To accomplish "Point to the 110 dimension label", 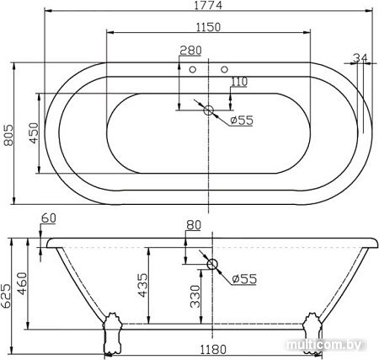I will (x=239, y=81).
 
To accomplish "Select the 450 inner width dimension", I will (x=34, y=133).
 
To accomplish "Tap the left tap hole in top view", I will (x=193, y=70).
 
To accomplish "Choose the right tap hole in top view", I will (x=224, y=70).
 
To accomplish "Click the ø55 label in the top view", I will (x=243, y=120).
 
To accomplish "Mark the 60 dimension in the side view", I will (x=48, y=218).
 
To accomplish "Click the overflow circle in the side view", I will (x=211, y=265).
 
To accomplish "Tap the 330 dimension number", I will (x=195, y=298).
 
